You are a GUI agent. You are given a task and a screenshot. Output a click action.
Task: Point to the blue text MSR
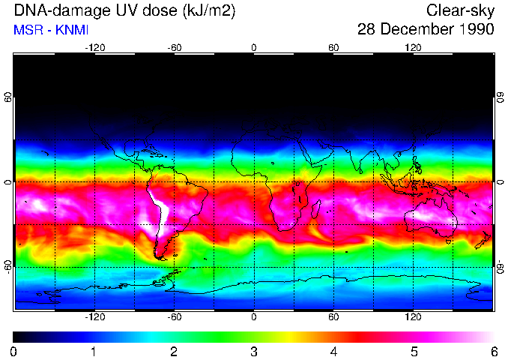coord(28,30)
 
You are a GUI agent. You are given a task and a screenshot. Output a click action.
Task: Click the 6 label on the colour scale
coord(493,351)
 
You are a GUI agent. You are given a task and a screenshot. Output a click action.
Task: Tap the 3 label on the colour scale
coord(254,351)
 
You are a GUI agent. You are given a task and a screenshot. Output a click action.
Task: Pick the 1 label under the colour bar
coord(94,351)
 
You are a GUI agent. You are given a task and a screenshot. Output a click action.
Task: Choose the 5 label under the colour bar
coord(414,351)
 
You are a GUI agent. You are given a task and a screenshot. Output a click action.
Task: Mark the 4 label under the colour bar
coord(333,351)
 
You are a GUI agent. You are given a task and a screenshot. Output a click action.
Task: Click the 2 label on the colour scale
coord(174,351)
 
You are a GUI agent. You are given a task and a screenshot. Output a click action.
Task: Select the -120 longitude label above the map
coord(94,47)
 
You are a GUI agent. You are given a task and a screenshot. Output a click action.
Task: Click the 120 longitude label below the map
coord(413,317)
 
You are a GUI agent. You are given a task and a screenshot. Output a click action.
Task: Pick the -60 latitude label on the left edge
coord(7,267)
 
